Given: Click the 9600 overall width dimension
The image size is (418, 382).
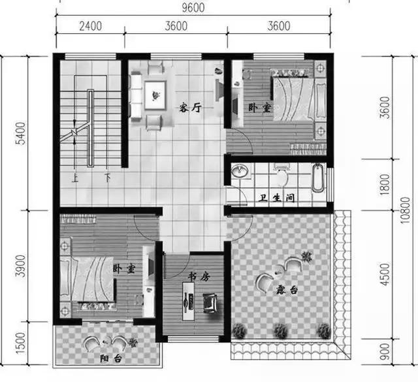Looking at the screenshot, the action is [193, 7].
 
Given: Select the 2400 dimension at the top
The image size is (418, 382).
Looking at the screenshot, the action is [91, 26].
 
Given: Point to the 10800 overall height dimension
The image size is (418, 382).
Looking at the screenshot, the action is [405, 210].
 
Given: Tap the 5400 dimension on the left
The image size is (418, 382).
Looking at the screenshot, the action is [21, 133].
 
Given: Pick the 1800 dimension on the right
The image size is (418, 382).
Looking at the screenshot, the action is [385, 184].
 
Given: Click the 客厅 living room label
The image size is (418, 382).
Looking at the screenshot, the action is [190, 108].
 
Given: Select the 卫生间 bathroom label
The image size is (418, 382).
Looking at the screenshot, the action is [277, 198].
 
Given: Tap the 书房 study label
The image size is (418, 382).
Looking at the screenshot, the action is [199, 277].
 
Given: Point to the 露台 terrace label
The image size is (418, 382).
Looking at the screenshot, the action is [287, 289].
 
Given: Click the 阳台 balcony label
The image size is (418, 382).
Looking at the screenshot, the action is [111, 358].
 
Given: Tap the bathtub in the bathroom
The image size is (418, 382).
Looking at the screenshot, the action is [318, 178].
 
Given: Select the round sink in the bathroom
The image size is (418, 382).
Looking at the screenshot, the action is [240, 170].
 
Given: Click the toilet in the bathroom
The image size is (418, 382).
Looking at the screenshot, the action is [282, 174].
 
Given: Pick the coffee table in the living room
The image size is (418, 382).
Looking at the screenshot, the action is [155, 95].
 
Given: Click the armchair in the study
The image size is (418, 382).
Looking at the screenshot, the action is [210, 303].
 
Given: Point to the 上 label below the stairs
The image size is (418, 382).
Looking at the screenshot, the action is [75, 178].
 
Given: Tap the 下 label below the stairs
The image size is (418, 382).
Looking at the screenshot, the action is [107, 178].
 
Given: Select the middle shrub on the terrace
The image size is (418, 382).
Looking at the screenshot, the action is [281, 331].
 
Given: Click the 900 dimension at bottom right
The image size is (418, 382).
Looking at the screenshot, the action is [385, 351].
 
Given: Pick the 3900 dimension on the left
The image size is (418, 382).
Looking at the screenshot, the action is [21, 266].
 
